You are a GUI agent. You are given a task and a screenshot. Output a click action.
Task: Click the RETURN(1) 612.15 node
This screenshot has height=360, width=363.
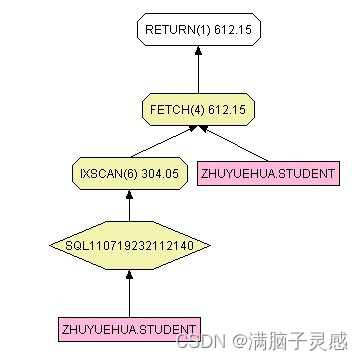(198, 31)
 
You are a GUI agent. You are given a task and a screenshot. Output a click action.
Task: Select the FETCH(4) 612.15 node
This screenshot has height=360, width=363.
(198, 107)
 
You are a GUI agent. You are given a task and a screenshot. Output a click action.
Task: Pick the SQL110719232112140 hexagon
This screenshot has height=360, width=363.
(129, 243)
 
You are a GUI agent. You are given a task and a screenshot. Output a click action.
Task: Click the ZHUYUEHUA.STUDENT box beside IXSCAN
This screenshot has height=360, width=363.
(268, 173)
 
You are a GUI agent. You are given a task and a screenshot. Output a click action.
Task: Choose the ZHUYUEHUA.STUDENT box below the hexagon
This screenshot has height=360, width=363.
(129, 327)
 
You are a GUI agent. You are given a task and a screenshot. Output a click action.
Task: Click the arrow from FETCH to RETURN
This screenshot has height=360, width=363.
(198, 68)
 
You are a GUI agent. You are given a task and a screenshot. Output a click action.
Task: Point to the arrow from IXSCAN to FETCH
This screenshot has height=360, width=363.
(162, 142)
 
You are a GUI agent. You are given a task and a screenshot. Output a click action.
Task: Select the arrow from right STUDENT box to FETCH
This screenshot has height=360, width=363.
(234, 143)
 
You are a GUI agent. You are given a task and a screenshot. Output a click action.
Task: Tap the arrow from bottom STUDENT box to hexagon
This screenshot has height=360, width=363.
(129, 290)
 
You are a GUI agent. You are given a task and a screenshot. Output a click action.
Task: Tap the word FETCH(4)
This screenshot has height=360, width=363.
(178, 107)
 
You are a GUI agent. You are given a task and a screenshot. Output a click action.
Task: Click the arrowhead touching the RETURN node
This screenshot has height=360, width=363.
(198, 51)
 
